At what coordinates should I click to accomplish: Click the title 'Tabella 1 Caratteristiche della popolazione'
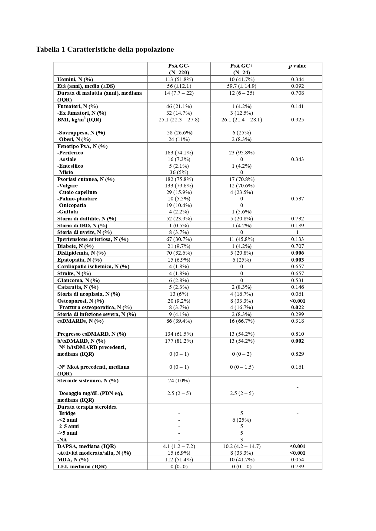pos(105,49)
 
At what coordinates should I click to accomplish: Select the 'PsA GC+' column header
pos(241,66)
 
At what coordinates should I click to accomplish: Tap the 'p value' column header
pos(297,66)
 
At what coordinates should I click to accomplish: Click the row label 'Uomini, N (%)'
pos(75,79)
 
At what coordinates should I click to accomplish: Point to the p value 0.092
pos(297,86)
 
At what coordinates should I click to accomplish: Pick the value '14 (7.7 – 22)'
pos(179,93)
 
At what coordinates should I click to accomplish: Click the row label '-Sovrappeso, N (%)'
pos(81,133)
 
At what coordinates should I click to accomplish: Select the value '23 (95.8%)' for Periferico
pos(241,153)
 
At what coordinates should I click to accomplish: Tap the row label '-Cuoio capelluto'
pos(77,192)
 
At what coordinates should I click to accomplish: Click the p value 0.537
pos(297,199)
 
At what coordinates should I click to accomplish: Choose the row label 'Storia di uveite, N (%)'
pos(85,232)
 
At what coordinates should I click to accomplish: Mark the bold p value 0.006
pos(297,253)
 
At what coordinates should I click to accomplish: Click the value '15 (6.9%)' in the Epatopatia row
pos(179,260)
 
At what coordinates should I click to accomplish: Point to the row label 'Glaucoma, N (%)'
pos(78,280)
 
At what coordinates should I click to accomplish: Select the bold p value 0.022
pos(297,307)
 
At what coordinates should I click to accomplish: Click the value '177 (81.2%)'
pos(179,341)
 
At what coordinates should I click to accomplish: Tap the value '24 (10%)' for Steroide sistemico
pos(179,381)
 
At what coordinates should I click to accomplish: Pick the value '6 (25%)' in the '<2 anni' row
pos(241,420)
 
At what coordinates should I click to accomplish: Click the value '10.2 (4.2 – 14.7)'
pos(241,446)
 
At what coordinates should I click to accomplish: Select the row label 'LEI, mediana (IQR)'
pos(82,467)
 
